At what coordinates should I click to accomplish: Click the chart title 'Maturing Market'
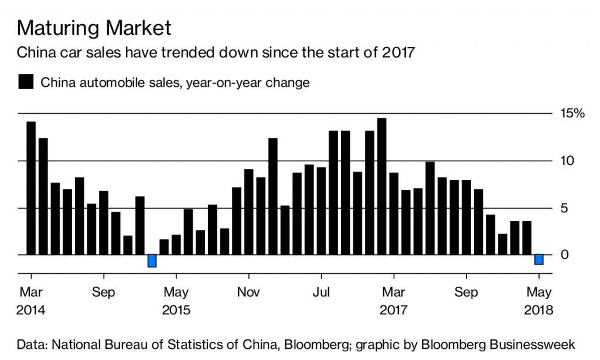point(94,27)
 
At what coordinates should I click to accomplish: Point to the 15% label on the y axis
point(572,114)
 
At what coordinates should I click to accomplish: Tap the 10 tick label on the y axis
point(565,161)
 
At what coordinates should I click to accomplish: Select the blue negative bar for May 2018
point(539,260)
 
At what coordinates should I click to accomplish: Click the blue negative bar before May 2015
point(152,261)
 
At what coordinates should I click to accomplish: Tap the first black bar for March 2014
point(31,188)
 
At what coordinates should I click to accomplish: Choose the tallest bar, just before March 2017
point(381,186)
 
